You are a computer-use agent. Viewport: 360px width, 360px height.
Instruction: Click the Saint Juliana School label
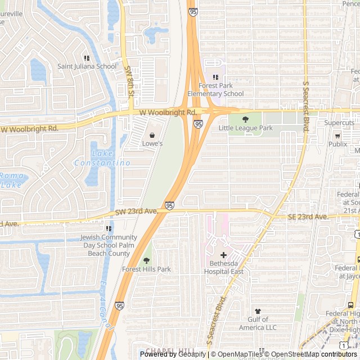pos(87,66)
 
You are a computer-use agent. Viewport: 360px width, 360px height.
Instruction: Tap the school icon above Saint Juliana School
pos(87,58)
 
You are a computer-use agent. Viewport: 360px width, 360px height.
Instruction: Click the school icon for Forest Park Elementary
pos(215,78)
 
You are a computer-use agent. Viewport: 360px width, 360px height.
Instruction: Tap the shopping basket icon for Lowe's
pos(152,135)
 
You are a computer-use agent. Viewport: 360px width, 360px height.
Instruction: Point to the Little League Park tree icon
pos(246,119)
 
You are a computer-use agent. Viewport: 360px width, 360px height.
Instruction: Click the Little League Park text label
pos(245,128)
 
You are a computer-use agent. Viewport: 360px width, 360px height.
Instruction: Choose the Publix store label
pos(337,144)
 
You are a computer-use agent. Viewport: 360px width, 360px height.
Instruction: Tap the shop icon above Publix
pos(337,136)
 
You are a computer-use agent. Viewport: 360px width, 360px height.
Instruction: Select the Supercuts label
pos(339,123)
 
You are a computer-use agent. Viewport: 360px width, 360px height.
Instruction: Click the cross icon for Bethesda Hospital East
pos(223,255)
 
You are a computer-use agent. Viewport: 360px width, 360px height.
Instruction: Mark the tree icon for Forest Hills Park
pos(147,260)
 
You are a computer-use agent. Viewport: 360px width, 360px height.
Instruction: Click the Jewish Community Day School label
pos(109,245)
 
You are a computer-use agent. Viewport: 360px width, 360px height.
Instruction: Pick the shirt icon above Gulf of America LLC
pos(258,311)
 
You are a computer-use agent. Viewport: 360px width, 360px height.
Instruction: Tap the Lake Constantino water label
pos(102,158)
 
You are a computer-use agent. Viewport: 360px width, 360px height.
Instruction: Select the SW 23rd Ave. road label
pos(136,211)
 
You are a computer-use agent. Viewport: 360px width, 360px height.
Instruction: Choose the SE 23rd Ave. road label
pos(308,217)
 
